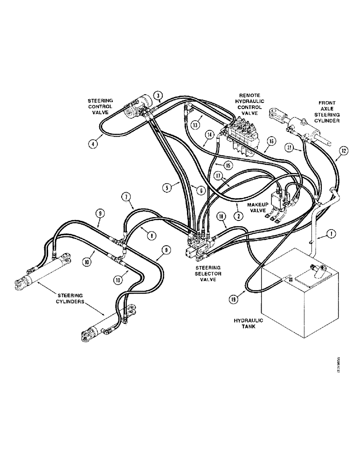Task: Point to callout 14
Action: [x=209, y=135]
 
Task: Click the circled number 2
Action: [x=238, y=216]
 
